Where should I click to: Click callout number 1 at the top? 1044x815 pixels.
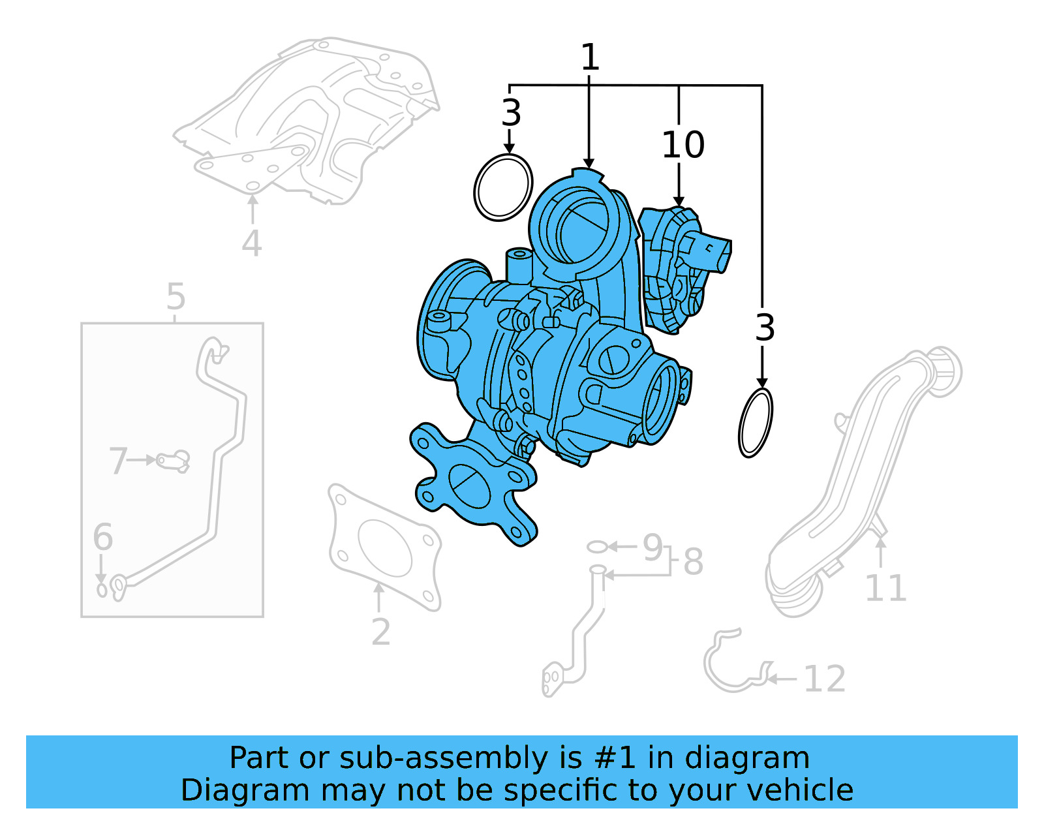pyautogui.click(x=589, y=57)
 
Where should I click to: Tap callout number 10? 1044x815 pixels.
pyautogui.click(x=683, y=145)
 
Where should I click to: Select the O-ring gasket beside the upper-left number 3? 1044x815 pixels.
pyautogui.click(x=502, y=187)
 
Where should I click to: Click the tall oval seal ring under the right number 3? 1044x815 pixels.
pyautogui.click(x=756, y=423)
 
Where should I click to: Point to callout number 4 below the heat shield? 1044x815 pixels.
pyautogui.click(x=251, y=243)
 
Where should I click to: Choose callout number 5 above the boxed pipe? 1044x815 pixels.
pyautogui.click(x=176, y=297)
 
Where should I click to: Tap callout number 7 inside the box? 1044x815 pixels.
pyautogui.click(x=117, y=461)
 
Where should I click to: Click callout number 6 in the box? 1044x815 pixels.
pyautogui.click(x=102, y=537)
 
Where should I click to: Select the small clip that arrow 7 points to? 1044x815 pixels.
pyautogui.click(x=174, y=461)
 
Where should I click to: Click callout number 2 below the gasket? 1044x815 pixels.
pyautogui.click(x=380, y=632)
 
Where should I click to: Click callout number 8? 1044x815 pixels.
pyautogui.click(x=693, y=562)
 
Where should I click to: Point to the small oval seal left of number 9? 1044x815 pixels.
pyautogui.click(x=597, y=546)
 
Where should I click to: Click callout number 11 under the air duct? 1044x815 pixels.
pyautogui.click(x=885, y=589)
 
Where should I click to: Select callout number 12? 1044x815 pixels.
pyautogui.click(x=824, y=679)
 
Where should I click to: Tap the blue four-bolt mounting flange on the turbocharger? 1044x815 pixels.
pyautogui.click(x=473, y=486)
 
